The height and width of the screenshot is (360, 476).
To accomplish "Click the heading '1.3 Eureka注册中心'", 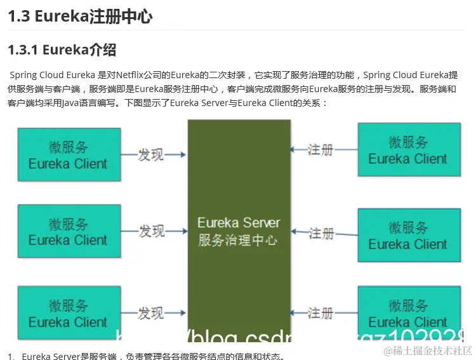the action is pos(80,17).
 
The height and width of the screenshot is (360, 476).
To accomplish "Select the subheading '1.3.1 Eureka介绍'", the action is pos(62,50).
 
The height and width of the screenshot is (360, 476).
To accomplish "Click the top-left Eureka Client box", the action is pos(69,155).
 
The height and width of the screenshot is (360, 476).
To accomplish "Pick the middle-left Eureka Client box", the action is pos(69,231).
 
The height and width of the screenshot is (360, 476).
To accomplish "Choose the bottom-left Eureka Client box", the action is pos(69,312).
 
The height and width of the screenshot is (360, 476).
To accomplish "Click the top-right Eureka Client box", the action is pos(409,150).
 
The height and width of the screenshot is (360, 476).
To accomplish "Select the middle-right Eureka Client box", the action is pos(409,235).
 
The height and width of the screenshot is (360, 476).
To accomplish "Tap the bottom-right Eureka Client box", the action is pos(409,314).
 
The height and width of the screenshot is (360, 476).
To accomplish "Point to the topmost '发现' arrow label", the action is pos(151,154).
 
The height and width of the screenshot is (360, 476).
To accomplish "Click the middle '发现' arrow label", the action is pos(152,231).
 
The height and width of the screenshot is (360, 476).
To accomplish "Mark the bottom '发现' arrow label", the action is pos(151,313).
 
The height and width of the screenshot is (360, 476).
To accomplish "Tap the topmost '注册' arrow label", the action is pos(321,150).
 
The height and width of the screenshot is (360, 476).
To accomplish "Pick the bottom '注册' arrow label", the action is pos(321,313).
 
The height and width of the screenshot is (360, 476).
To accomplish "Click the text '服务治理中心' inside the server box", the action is pos(238,241).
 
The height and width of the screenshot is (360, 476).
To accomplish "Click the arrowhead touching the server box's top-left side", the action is pos(183,154).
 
